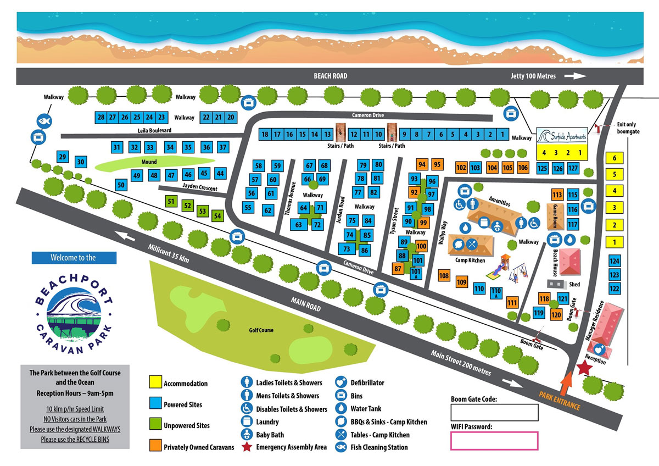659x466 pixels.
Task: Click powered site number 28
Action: (100, 117)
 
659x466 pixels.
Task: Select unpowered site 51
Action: (171, 202)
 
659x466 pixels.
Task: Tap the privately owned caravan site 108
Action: (444, 276)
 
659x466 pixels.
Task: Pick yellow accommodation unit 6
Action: (615, 158)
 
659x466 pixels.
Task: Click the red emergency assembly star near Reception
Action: (583, 368)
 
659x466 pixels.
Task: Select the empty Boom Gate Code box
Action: (494, 412)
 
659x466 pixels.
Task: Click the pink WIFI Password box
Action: (494, 441)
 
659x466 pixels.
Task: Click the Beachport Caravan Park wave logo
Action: (74, 311)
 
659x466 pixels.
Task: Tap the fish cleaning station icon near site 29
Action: (43, 121)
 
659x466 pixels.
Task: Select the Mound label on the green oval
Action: (148, 162)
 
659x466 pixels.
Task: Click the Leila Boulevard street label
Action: (155, 131)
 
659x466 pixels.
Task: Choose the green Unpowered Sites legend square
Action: (156, 425)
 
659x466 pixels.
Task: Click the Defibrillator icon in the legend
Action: (340, 382)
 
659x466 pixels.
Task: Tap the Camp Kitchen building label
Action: (469, 260)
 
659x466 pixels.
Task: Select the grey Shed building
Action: (555, 284)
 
